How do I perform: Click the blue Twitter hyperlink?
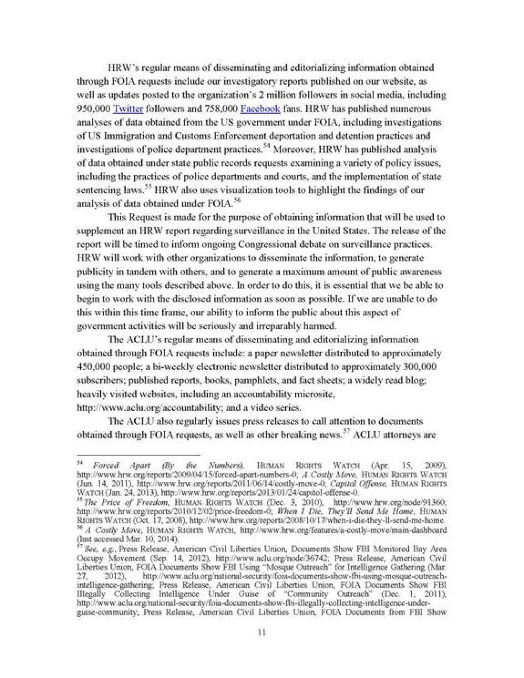tap(128, 109)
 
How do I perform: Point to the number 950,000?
tap(94, 109)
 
